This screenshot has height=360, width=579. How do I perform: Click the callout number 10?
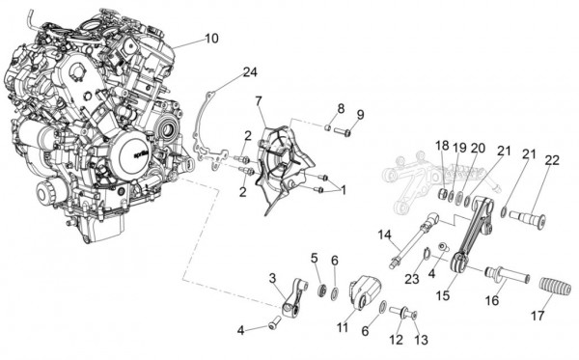click(x=211, y=39)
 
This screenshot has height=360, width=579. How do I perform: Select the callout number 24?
click(x=250, y=72)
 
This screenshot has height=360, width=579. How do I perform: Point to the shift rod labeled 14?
click(x=414, y=239)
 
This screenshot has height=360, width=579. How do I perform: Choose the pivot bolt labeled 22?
click(x=528, y=219)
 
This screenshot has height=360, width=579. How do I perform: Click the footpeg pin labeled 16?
click(x=507, y=274)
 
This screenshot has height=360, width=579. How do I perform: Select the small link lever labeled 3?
click(x=295, y=297)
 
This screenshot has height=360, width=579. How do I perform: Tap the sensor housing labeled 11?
click(x=366, y=293)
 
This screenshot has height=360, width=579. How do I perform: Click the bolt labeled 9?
click(x=343, y=131)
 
